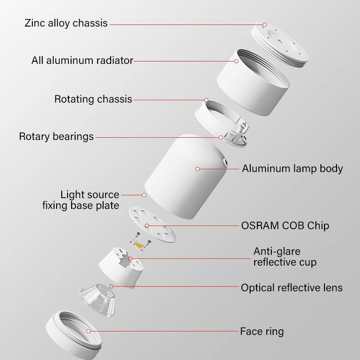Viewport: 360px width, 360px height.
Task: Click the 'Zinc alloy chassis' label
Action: pyautogui.click(x=66, y=23)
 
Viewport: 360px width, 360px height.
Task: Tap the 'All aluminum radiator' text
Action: pyautogui.click(x=82, y=60)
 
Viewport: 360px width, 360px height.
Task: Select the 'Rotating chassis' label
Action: pyautogui.click(x=93, y=99)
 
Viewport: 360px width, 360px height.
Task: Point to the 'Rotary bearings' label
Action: pyautogui.click(x=56, y=136)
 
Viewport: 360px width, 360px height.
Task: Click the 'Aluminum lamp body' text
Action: pyautogui.click(x=292, y=168)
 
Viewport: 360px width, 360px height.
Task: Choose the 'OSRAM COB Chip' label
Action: pyautogui.click(x=285, y=226)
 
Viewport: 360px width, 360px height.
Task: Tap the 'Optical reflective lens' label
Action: pyautogui.click(x=292, y=288)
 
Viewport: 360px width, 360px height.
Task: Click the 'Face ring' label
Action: pyautogui.click(x=262, y=332)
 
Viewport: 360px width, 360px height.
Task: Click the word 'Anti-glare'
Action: pyautogui.click(x=277, y=251)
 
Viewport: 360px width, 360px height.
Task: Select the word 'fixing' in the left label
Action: pyautogui.click(x=55, y=205)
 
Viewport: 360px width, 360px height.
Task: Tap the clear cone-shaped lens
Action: pyautogui.click(x=98, y=299)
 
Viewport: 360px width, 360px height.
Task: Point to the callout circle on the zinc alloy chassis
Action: pyautogui.click(x=265, y=25)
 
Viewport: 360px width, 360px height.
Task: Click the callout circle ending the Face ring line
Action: pyautogui.click(x=88, y=331)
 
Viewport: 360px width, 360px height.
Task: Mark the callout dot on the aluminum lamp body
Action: pyautogui.click(x=198, y=169)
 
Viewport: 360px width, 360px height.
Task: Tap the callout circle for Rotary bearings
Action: pyautogui.click(x=221, y=137)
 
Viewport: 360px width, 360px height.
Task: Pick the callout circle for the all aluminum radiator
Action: pyautogui.click(x=236, y=61)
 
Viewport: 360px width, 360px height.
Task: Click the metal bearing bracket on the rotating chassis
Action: pyautogui.click(x=237, y=133)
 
